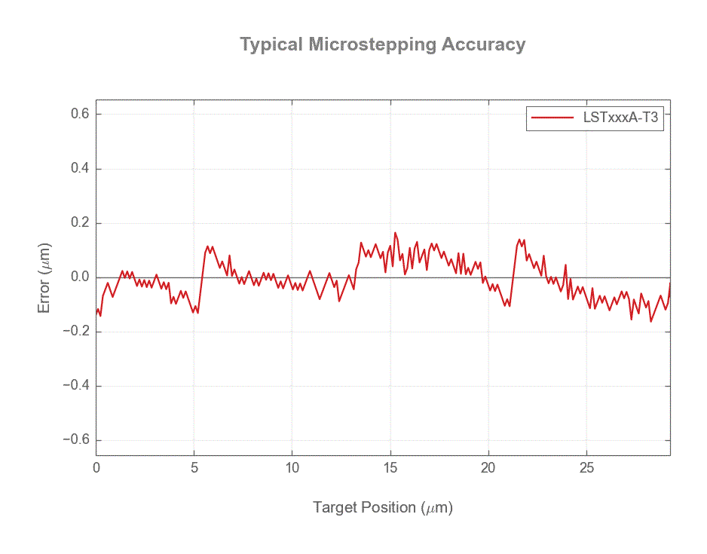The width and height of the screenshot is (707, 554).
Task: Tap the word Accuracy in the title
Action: pyautogui.click(x=483, y=44)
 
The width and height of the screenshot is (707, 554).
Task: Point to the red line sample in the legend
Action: pyautogui.click(x=552, y=118)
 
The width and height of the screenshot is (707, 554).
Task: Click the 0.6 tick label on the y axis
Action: pyautogui.click(x=81, y=114)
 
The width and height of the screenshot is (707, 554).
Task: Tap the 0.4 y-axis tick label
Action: pyautogui.click(x=81, y=169)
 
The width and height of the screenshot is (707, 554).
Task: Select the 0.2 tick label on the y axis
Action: pyautogui.click(x=81, y=223)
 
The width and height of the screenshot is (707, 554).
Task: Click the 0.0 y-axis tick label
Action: pyautogui.click(x=81, y=277)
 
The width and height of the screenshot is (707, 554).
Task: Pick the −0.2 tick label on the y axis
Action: pyautogui.click(x=76, y=332)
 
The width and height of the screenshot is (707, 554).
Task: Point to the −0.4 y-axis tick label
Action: pyautogui.click(x=76, y=386)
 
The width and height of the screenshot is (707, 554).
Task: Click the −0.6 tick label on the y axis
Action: pyautogui.click(x=76, y=440)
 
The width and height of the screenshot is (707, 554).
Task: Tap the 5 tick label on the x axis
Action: pyautogui.click(x=194, y=468)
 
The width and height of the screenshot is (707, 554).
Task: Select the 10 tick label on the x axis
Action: pyautogui.click(x=292, y=468)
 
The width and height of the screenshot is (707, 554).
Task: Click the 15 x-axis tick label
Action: pyautogui.click(x=390, y=468)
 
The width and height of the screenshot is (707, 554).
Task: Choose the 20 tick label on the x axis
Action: pyautogui.click(x=488, y=468)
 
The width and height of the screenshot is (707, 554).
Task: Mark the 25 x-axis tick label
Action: pyautogui.click(x=586, y=468)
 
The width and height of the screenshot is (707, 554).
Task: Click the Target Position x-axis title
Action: pyautogui.click(x=382, y=507)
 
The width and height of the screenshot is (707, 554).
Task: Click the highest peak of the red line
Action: pyautogui.click(x=395, y=233)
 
